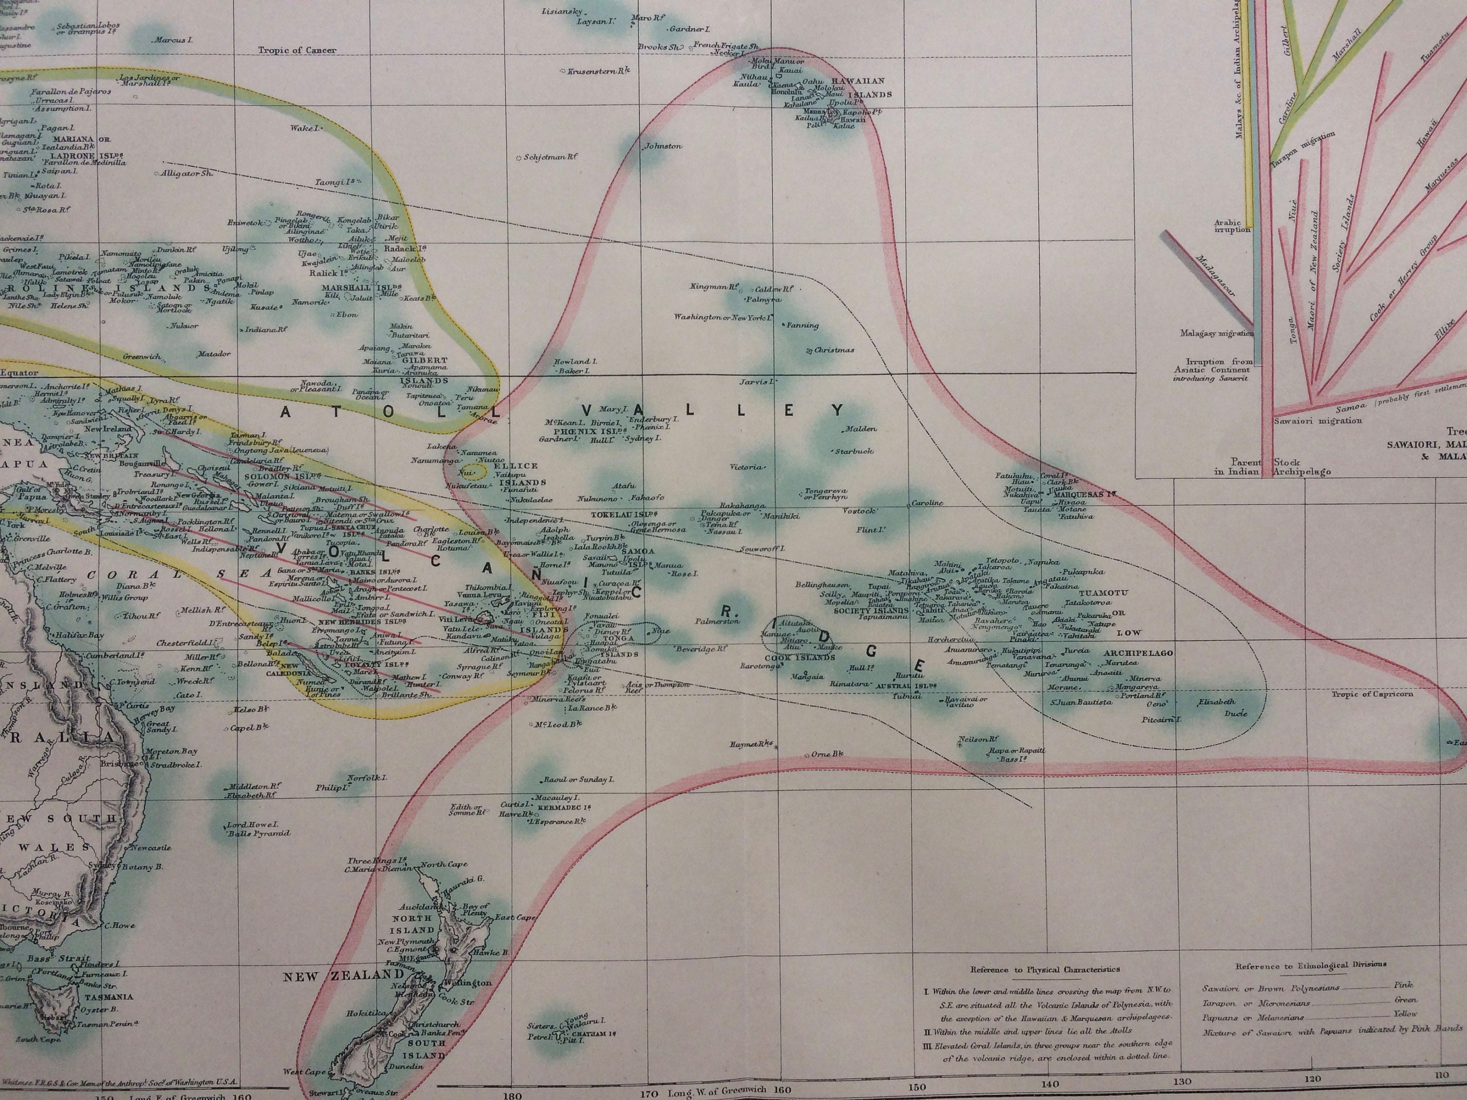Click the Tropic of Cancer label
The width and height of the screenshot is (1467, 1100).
(x=297, y=50)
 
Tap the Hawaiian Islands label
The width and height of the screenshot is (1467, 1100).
(x=861, y=88)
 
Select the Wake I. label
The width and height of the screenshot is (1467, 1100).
(x=305, y=128)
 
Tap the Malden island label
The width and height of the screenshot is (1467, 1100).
(x=860, y=429)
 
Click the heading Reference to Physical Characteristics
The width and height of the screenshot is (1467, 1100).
(x=1045, y=969)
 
